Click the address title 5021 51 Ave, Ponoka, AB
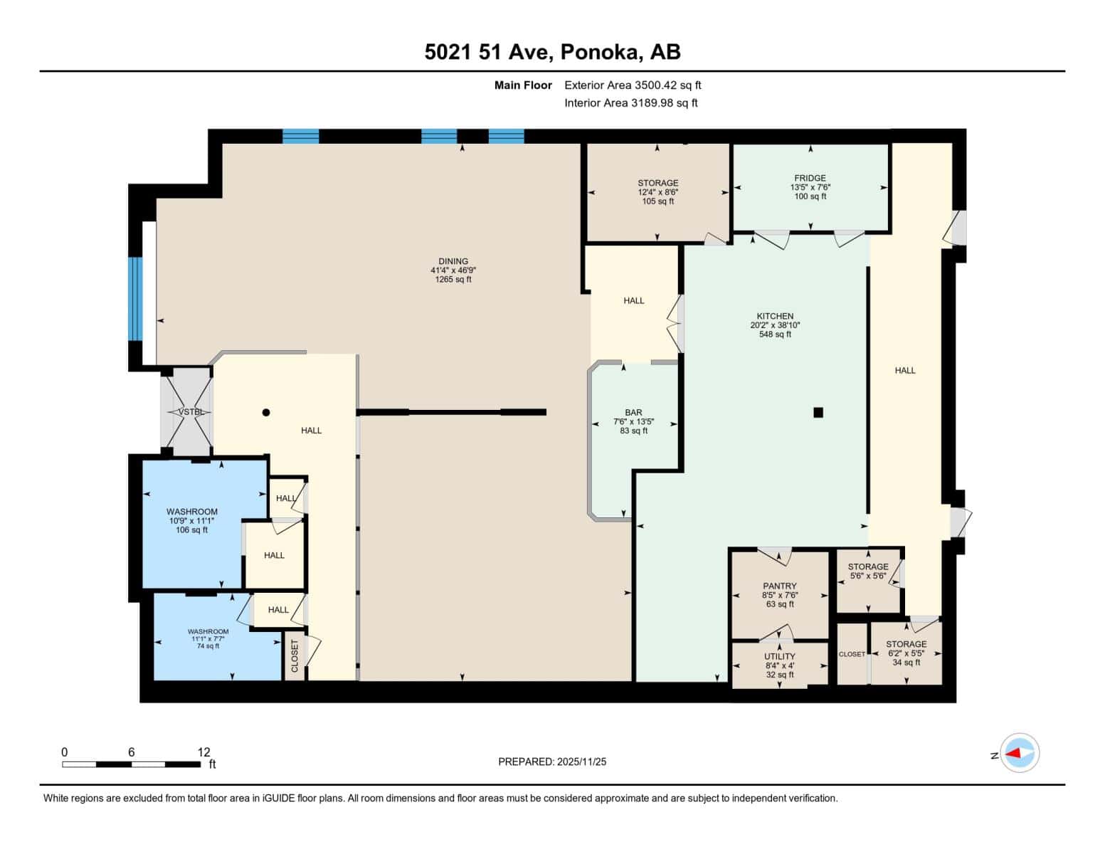tap(552, 52)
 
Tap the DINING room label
tap(453, 261)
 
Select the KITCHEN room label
tap(775, 316)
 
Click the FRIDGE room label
tap(810, 178)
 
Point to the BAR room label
tap(633, 413)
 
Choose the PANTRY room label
tap(780, 586)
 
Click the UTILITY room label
tap(780, 656)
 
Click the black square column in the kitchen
tap(818, 412)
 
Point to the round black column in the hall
tap(266, 412)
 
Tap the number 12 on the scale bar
tap(204, 752)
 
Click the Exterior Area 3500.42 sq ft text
tap(633, 85)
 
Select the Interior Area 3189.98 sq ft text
tap(630, 102)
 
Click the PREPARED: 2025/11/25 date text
tap(552, 761)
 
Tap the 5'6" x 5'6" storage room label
tap(868, 576)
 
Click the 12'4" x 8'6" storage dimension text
tap(657, 192)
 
